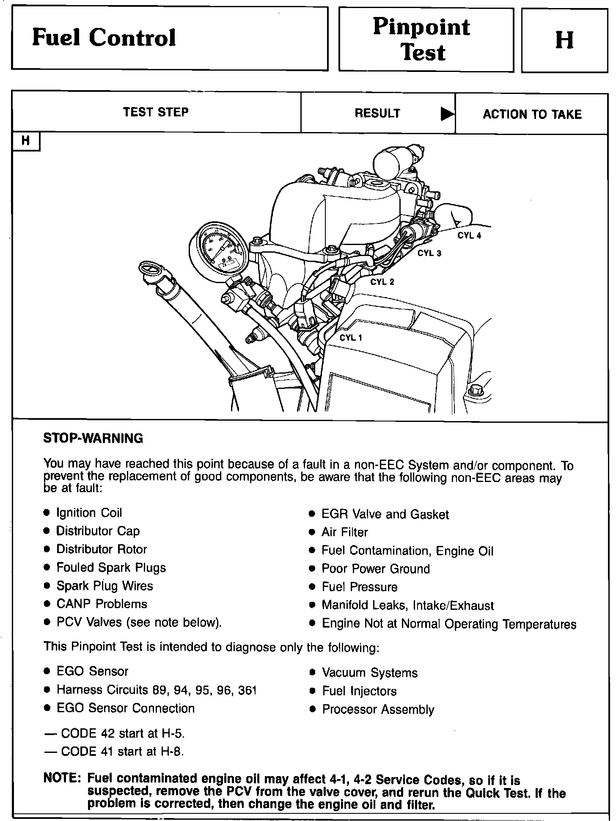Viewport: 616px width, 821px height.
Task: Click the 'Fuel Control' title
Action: (x=104, y=38)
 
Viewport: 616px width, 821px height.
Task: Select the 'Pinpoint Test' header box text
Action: (x=421, y=40)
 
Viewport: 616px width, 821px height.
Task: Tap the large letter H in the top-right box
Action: (x=564, y=40)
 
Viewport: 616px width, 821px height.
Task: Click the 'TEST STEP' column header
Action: (x=156, y=112)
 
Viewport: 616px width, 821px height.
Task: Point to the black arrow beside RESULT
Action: (x=447, y=113)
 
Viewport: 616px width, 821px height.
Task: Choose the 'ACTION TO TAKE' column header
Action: (x=532, y=114)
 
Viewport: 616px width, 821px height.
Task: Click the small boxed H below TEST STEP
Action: (x=26, y=141)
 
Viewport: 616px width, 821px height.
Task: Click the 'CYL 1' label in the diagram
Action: (x=351, y=337)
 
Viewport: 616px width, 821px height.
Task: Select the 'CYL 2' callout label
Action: (x=382, y=282)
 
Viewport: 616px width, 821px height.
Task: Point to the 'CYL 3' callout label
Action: (x=429, y=253)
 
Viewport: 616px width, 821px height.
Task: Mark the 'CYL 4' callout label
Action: (x=469, y=236)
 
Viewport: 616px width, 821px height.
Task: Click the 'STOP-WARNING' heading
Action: (x=93, y=438)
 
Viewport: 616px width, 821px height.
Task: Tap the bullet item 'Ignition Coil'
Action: (x=89, y=513)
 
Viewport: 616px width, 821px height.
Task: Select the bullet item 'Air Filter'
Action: (x=344, y=532)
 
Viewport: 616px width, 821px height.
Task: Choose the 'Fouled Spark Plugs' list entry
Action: (x=111, y=568)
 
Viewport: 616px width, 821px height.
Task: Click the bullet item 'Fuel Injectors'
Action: (x=359, y=691)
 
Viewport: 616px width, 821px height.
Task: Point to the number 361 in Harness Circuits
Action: (x=247, y=690)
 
